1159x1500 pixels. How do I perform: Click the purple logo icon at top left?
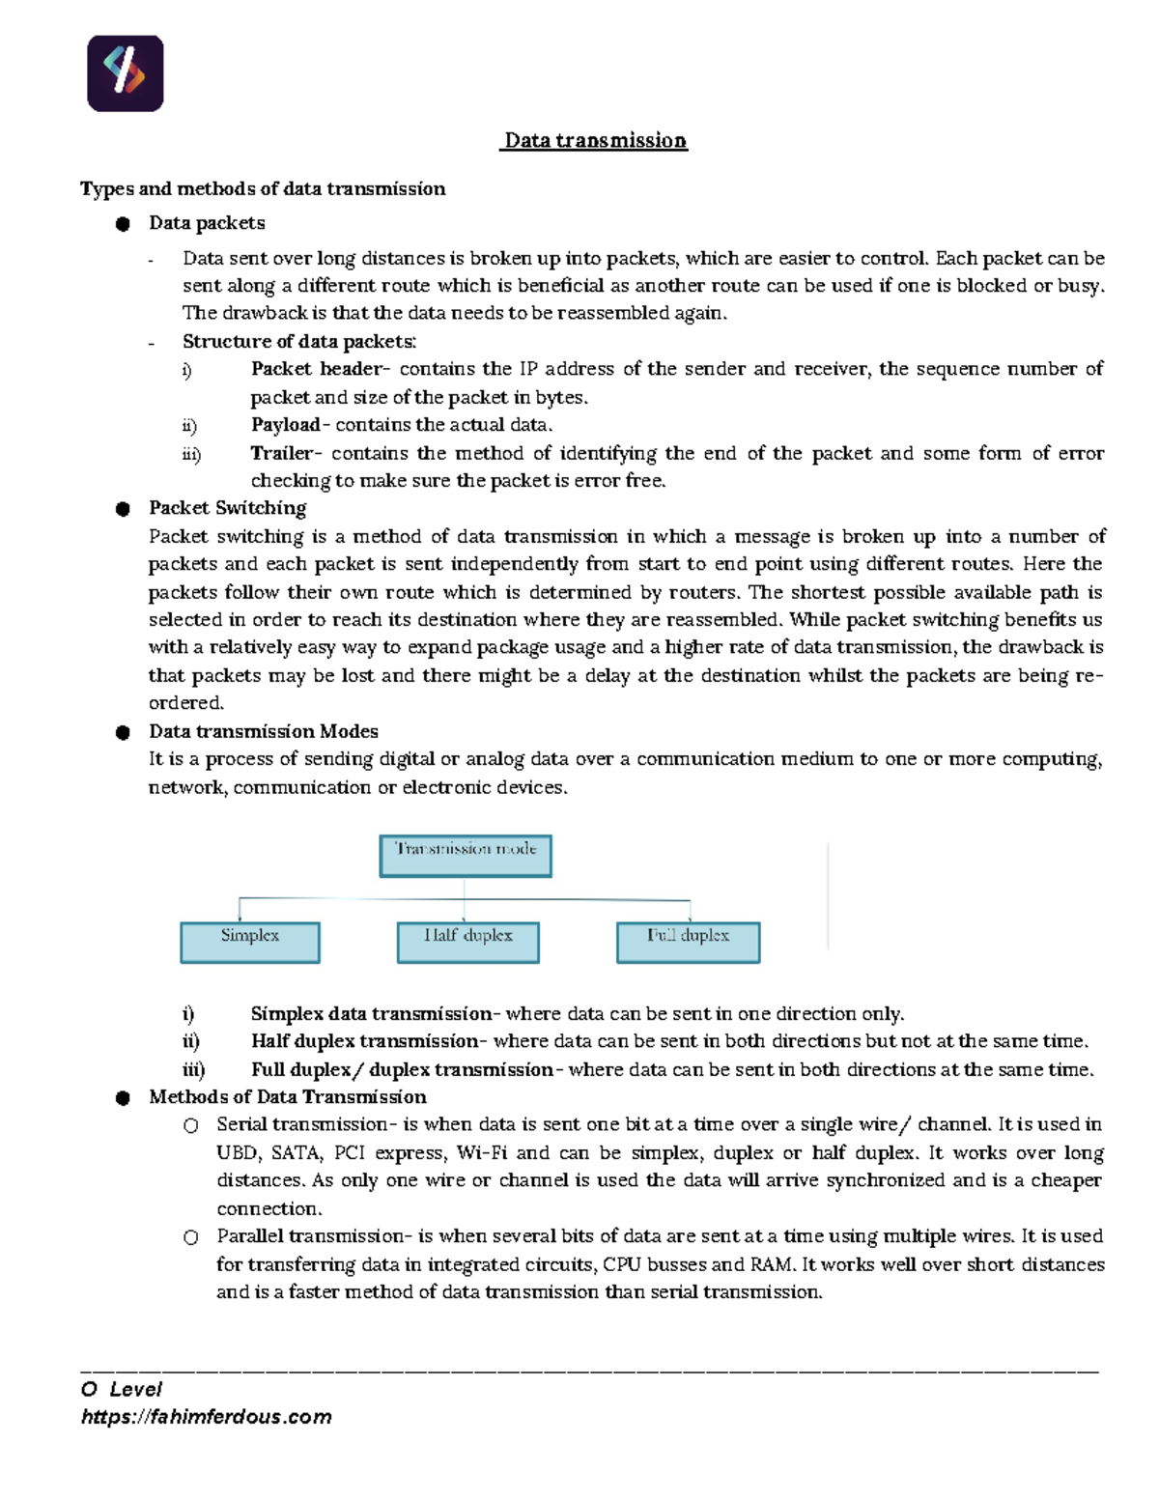(x=126, y=73)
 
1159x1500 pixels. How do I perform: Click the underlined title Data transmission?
(x=595, y=141)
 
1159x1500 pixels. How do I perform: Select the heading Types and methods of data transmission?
(x=263, y=188)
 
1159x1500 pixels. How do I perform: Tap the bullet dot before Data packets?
(x=123, y=224)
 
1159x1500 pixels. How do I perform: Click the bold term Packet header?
(x=316, y=369)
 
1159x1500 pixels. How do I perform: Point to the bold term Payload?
(x=285, y=425)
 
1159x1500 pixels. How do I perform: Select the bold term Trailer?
(x=281, y=453)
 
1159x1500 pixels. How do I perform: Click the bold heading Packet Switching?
(x=227, y=508)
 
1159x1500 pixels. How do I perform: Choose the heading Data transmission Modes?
(x=263, y=731)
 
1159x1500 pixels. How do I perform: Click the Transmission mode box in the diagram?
(x=466, y=856)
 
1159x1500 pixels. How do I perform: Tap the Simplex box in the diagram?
(x=250, y=942)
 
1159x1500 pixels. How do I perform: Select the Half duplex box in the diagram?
(x=468, y=942)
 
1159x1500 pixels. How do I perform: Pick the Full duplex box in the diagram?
(x=689, y=942)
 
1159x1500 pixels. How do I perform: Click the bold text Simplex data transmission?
(x=371, y=1013)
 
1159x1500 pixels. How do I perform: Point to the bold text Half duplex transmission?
(x=365, y=1041)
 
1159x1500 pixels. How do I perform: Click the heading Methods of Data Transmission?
(x=287, y=1097)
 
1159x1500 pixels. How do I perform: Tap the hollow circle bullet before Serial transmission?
(x=191, y=1125)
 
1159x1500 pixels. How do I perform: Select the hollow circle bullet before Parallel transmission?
(x=191, y=1237)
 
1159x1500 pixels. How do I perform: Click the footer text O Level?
(x=122, y=1389)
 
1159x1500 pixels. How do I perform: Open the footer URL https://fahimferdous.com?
(x=207, y=1417)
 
